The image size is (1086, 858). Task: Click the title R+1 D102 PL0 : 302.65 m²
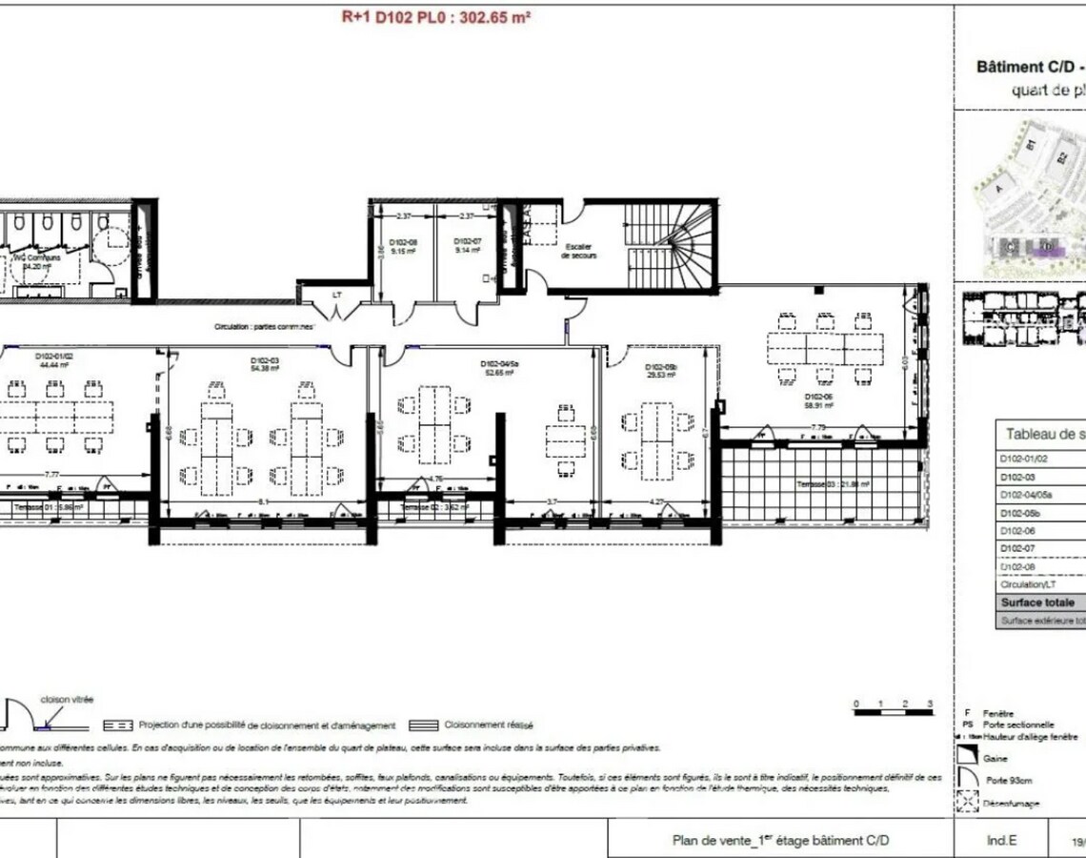click(x=435, y=16)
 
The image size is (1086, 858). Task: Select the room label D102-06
click(x=818, y=396)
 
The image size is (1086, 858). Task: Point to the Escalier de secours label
click(x=578, y=252)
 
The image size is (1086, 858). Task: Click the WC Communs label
click(x=36, y=258)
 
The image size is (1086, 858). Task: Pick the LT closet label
click(x=336, y=295)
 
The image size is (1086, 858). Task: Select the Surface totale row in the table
click(x=1037, y=603)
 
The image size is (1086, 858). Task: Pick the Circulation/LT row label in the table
click(x=1022, y=584)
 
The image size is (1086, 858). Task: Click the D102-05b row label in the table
click(x=1016, y=512)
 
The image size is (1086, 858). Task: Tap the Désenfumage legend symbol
click(x=967, y=803)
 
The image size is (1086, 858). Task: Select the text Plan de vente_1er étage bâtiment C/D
click(x=780, y=841)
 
